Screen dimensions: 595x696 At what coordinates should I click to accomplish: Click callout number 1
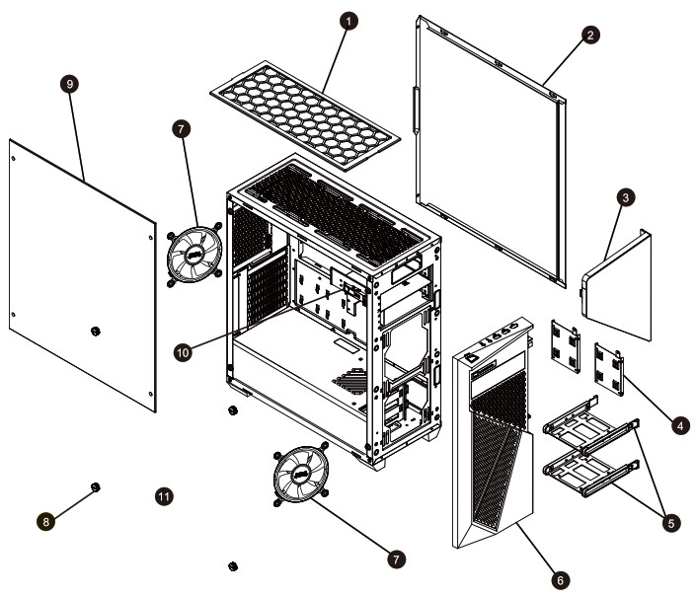[x=347, y=20]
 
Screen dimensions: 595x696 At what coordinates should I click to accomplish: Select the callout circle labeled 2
[x=589, y=35]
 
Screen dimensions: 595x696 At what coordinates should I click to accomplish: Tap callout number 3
[x=625, y=197]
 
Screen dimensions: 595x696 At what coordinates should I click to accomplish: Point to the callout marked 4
[x=679, y=425]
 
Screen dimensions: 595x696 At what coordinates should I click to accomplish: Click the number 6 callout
[x=560, y=580]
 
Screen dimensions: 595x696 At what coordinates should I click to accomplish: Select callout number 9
[x=68, y=84]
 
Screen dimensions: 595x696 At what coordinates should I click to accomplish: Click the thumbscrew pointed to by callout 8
[x=96, y=487]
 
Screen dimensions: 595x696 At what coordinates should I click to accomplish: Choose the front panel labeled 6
[x=494, y=444]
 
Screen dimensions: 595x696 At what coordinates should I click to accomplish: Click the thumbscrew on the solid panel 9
[x=95, y=331]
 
